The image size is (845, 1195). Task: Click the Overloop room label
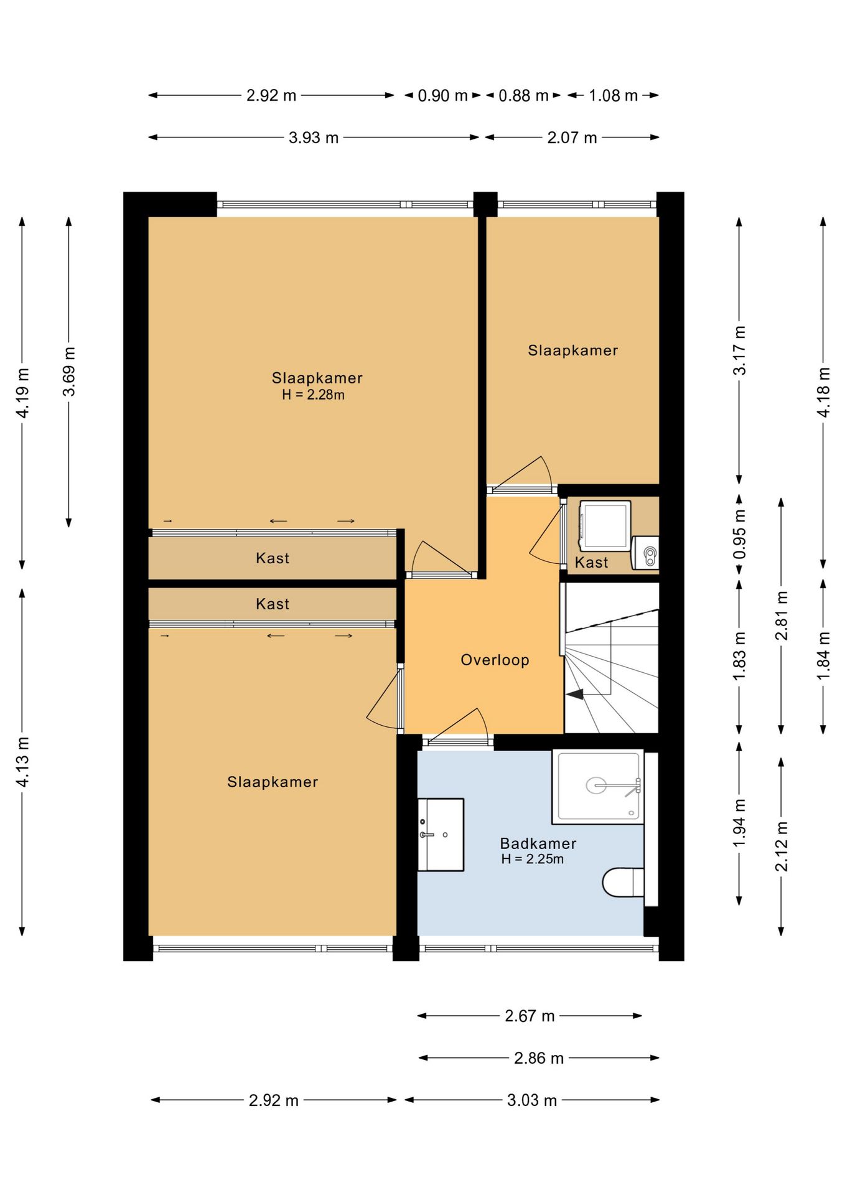pyautogui.click(x=495, y=660)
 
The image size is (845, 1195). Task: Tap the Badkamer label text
pyautogui.click(x=538, y=843)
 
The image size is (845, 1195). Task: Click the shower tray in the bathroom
pyautogui.click(x=598, y=786)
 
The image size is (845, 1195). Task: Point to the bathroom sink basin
pyautogui.click(x=441, y=834)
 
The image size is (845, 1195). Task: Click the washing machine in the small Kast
pyautogui.click(x=604, y=526)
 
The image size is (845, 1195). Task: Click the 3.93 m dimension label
pyautogui.click(x=314, y=138)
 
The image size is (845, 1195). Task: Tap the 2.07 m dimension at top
pyautogui.click(x=572, y=138)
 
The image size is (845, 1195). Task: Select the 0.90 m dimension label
pyautogui.click(x=442, y=96)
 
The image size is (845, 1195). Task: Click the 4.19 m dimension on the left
pyautogui.click(x=22, y=393)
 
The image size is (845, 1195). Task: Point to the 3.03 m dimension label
pyautogui.click(x=532, y=1100)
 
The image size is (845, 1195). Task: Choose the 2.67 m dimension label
pyautogui.click(x=530, y=1016)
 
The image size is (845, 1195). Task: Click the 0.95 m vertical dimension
pyautogui.click(x=739, y=535)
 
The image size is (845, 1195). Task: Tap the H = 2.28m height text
pyautogui.click(x=313, y=395)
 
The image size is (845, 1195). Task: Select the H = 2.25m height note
pyautogui.click(x=533, y=859)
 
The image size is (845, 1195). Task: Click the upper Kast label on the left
pyautogui.click(x=273, y=558)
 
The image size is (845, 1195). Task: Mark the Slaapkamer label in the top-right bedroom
pyautogui.click(x=573, y=350)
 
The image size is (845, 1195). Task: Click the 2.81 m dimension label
pyautogui.click(x=782, y=616)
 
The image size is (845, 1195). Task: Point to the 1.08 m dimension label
pyautogui.click(x=614, y=96)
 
